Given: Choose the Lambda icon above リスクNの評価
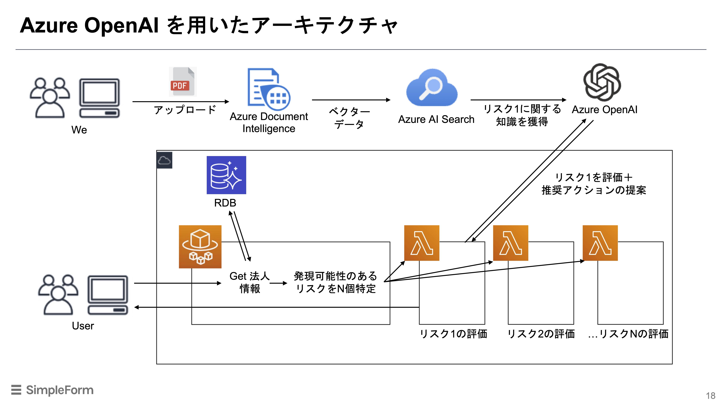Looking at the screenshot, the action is point(600,243).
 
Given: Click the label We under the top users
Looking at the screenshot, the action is point(79,130).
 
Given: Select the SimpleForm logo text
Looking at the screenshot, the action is point(60,390).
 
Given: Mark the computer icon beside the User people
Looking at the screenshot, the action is point(108,295).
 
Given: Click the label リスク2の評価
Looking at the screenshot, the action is point(541,334).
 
